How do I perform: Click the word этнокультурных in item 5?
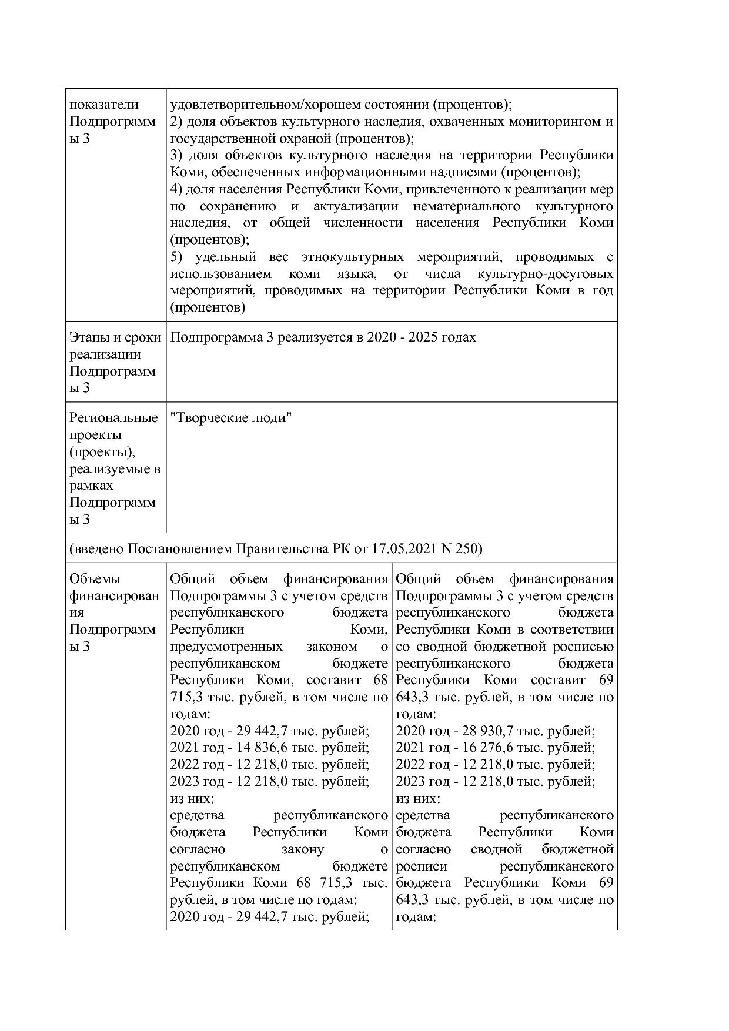coord(352,257)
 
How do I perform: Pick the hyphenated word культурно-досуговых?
coord(546,275)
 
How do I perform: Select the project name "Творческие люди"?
coord(230,419)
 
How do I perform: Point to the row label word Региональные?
coord(113,419)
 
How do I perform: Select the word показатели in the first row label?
coord(104,105)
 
